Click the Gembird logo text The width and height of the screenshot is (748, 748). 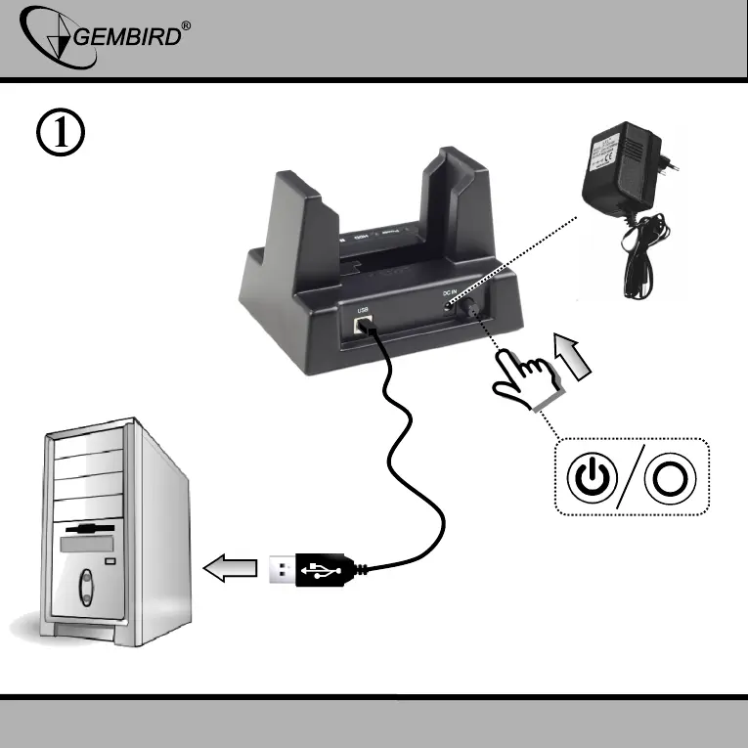(127, 38)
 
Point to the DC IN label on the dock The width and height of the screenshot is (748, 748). (452, 293)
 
